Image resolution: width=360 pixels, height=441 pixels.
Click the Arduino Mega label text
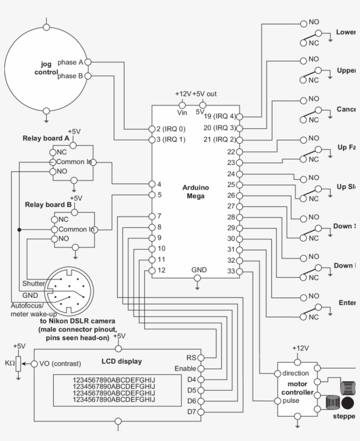[x=196, y=192]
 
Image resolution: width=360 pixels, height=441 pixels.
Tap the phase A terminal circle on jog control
[x=87, y=62]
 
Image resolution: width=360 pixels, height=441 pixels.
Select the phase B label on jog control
[x=70, y=76]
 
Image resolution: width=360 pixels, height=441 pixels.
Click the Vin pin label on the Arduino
[x=182, y=113]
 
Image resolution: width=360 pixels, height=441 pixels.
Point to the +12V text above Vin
[x=183, y=94]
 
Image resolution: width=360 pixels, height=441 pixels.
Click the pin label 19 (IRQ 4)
[x=220, y=116]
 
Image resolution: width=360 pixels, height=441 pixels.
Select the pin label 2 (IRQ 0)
[x=171, y=129]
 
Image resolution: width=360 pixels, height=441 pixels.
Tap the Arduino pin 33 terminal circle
[x=239, y=271]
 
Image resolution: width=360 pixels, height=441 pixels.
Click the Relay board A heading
[x=46, y=138]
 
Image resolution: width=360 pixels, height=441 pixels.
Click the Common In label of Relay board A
[x=74, y=162]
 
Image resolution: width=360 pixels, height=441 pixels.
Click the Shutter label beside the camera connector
[x=33, y=284]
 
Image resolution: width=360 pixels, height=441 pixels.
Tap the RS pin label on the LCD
[x=191, y=358]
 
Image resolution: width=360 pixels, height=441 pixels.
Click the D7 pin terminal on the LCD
[x=201, y=412]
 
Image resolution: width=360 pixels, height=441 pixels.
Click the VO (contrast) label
[x=60, y=364]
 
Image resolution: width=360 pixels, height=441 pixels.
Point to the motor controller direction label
[x=296, y=373]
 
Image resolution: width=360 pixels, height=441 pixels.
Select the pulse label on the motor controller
[x=291, y=401]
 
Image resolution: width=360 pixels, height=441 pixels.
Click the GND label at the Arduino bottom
[x=198, y=270]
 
